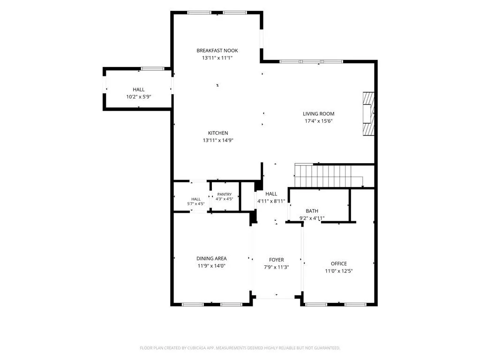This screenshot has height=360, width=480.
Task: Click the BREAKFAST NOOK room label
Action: tap(217, 51)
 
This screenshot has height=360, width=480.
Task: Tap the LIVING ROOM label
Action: tap(318, 113)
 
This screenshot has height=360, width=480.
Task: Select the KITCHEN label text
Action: tap(218, 133)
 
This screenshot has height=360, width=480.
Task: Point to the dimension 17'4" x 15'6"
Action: tap(318, 121)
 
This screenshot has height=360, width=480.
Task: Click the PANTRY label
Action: tap(225, 195)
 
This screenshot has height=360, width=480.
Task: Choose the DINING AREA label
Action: tap(211, 259)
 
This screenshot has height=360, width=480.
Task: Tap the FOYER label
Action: tap(277, 260)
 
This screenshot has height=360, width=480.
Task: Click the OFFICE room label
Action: tap(339, 263)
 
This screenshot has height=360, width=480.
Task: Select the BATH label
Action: tap(312, 211)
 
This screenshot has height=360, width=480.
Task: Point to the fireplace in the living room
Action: tap(368, 113)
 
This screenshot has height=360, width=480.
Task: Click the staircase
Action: tap(329, 176)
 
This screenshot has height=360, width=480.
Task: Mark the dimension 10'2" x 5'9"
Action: tap(139, 97)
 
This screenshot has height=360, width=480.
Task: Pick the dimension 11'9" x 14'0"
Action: tap(211, 266)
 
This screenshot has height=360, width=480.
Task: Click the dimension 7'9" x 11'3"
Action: tap(277, 267)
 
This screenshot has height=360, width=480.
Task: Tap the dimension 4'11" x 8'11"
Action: tap(271, 201)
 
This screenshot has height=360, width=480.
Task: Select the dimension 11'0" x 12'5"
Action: tap(339, 271)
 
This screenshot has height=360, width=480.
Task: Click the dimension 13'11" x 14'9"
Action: tap(218, 141)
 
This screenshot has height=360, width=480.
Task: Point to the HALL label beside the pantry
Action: tap(196, 199)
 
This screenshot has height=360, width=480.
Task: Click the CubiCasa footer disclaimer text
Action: tap(240, 348)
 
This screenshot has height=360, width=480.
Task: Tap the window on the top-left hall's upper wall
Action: tap(153, 68)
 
